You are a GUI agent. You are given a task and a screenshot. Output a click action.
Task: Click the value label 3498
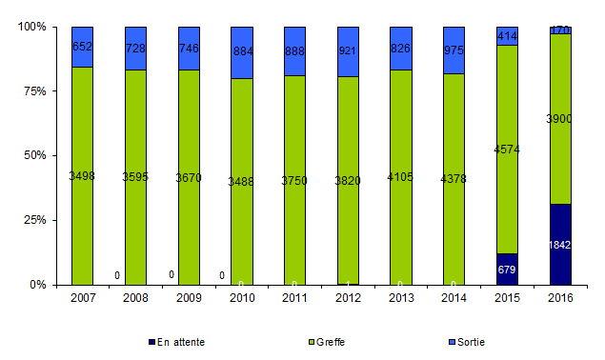pyautogui.click(x=82, y=176)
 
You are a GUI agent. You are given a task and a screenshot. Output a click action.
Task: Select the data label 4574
pyautogui.click(x=507, y=150)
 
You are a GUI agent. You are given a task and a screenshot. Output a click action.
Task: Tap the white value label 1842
pyautogui.click(x=560, y=246)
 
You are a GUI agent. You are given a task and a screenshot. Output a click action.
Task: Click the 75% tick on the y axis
pyautogui.click(x=33, y=91)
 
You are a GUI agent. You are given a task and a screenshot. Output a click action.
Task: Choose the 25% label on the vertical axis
pyautogui.click(x=33, y=220)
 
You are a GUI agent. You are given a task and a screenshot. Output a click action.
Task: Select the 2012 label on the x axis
pyautogui.click(x=348, y=298)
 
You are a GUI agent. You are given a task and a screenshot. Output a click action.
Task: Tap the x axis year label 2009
pyautogui.click(x=189, y=298)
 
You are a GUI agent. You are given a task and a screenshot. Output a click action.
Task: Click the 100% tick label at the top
pyautogui.click(x=31, y=28)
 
